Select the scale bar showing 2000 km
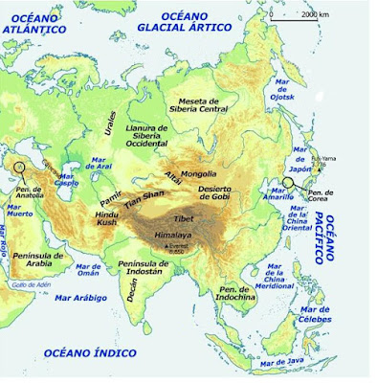pos(298,14)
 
